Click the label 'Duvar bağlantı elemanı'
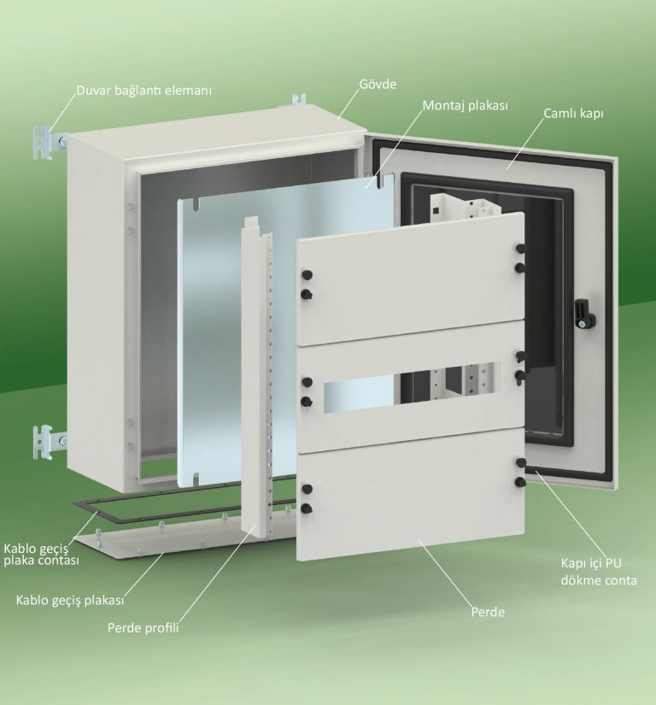pos(143,91)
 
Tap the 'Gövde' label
pos(378,84)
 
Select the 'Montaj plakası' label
pos(465,106)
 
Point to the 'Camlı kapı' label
pos(573,114)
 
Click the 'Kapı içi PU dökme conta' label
pos(599,572)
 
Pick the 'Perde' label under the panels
pos(488,612)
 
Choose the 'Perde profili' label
pos(143,628)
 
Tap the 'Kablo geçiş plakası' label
pos(70,600)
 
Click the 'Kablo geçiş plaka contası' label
pos(42,555)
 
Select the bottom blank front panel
pos(411,494)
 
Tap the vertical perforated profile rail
pos(258,378)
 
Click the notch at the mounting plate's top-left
pos(196,204)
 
